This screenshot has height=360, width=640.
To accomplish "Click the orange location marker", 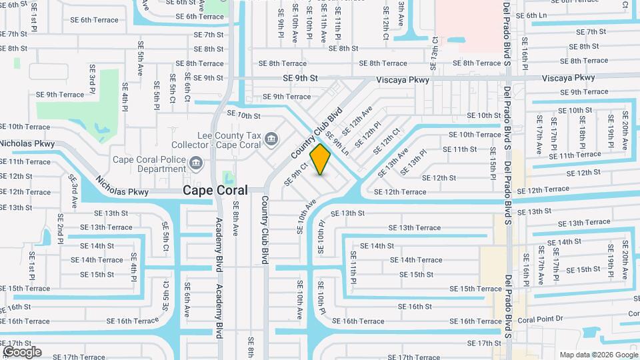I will tap(321, 159).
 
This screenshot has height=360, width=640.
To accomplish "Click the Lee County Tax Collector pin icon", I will tap(271, 139).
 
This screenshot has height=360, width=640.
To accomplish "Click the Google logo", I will tap(21, 352).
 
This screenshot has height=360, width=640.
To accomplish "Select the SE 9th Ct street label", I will tap(296, 173).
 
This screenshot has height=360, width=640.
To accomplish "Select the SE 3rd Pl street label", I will tap(92, 79).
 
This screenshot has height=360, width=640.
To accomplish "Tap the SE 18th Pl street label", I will tap(582, 131).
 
